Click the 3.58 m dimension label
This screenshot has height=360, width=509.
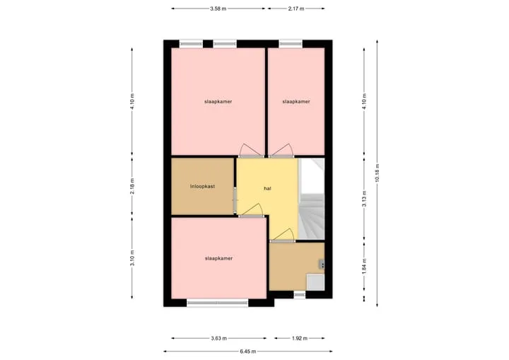[x=218, y=8]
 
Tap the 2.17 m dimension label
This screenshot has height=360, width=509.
[x=296, y=8]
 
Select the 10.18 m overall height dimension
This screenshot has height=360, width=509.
[x=378, y=173]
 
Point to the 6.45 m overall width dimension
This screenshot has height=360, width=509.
[x=248, y=352]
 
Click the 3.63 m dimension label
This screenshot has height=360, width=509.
[x=218, y=338]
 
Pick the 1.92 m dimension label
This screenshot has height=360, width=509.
[x=299, y=338]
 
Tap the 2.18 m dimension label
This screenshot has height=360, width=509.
[x=132, y=187]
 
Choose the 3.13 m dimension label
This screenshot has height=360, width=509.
[x=364, y=199]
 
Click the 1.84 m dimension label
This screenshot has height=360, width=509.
[x=364, y=266]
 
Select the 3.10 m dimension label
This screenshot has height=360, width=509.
[x=132, y=258]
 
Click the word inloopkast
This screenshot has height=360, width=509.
[x=203, y=187]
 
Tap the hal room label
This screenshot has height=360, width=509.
[x=267, y=188]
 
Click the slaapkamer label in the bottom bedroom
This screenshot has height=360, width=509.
[x=218, y=258]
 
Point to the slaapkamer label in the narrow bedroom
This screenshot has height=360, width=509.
[x=296, y=101]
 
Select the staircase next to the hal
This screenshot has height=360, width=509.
[x=312, y=199]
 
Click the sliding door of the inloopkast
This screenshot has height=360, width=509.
[x=235, y=200]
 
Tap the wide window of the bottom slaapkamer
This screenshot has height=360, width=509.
[x=218, y=303]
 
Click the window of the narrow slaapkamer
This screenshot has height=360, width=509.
[x=291, y=44]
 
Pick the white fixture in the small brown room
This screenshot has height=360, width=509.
[x=315, y=282]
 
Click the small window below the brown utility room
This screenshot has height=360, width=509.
[x=300, y=295]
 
